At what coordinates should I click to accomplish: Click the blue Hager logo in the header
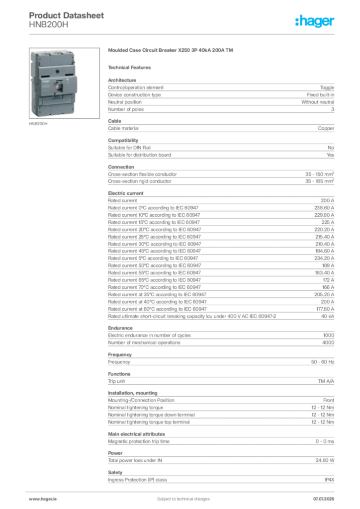[x=316, y=22]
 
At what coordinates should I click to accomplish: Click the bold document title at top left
[x=67, y=16]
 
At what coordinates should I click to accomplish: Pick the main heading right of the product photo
[x=171, y=51]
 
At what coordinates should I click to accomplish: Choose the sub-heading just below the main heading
[x=131, y=67]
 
